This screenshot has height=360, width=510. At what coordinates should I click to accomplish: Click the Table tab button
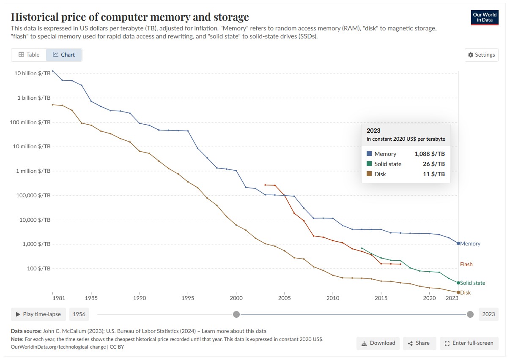point(29,55)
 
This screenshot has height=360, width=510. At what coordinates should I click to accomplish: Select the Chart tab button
point(64,55)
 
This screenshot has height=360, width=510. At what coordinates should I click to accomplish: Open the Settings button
point(481,55)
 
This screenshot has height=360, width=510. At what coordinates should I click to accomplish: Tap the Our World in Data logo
point(485,17)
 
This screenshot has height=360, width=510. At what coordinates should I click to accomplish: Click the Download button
point(378,343)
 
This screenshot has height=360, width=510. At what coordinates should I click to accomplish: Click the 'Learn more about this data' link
point(234,331)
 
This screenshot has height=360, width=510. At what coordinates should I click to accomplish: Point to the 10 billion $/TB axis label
point(32,73)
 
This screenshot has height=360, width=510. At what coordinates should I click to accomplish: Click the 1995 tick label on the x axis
point(188,298)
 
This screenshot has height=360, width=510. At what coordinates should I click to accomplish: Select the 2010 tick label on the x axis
point(333,298)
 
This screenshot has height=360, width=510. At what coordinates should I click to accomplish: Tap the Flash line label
point(466,264)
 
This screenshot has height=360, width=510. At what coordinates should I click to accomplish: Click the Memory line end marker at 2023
point(458,243)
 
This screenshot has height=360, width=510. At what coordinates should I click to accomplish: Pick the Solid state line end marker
point(458,283)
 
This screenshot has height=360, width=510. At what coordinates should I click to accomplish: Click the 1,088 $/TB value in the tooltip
point(430,154)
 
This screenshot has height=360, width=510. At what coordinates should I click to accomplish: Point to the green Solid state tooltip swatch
point(369,164)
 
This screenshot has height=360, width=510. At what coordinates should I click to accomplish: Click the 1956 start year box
point(79,314)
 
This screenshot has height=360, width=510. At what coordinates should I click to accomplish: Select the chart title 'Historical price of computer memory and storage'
point(130,17)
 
